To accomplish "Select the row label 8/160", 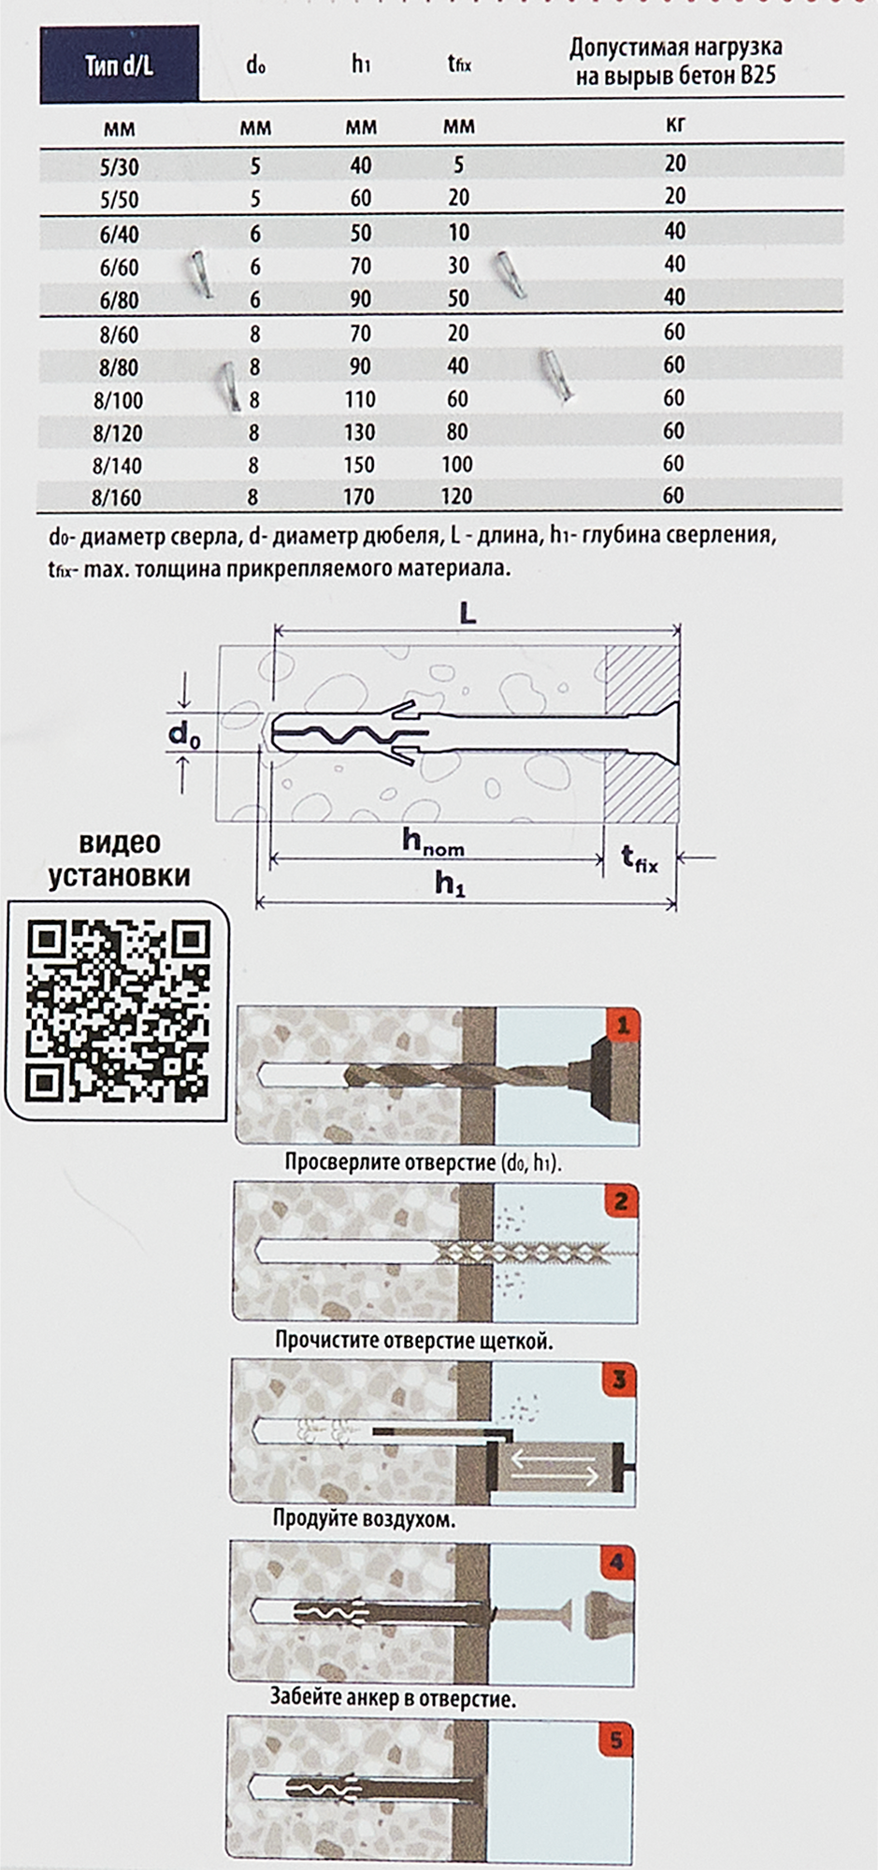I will coord(118,497).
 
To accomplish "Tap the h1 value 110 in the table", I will coord(360,399).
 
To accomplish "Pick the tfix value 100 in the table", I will coord(457,464).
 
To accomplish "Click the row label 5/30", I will coord(119,167).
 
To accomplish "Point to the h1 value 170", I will coord(359,496).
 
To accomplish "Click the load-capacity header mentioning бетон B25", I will coord(675,62).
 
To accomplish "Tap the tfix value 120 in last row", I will coord(457,496).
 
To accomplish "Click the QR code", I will coord(117,1009).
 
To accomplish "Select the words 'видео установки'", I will coord(120,859).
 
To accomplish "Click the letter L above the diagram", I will coord(468,613).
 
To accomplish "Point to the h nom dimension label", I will coord(433,841).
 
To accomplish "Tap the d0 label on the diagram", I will coord(184,735).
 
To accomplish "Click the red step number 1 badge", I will coord(622,1027).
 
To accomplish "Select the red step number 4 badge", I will coord(617,1562).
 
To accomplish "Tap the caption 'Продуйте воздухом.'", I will coord(364,1518).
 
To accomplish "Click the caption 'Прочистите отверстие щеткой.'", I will coord(413,1340).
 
